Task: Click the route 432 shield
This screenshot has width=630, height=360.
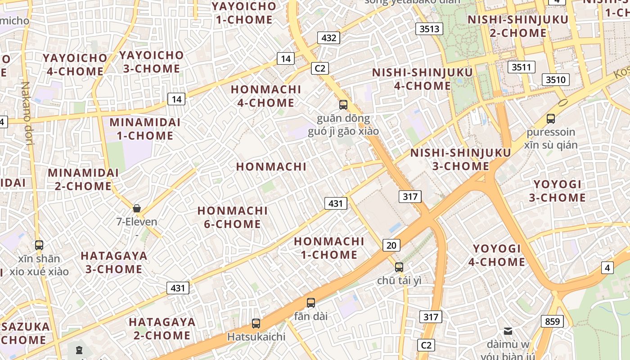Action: [328, 38]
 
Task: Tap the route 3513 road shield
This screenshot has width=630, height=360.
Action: [429, 29]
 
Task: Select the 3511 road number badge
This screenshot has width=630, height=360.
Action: [522, 67]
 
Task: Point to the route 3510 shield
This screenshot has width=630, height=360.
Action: [555, 80]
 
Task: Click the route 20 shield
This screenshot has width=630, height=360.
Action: [391, 245]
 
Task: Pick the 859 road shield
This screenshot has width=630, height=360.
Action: [552, 321]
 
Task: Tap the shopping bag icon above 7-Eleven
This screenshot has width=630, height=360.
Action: [137, 208]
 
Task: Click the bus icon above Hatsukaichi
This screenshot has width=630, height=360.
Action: [256, 323]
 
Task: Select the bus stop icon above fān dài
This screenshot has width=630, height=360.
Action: [310, 302]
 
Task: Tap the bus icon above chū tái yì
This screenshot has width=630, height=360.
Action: [399, 267]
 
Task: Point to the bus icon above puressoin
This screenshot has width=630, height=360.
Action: [550, 119]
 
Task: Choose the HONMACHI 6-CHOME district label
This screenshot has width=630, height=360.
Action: [232, 217]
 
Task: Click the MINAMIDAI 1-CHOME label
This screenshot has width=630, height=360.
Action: [144, 129]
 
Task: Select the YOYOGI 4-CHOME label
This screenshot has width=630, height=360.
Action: [497, 255]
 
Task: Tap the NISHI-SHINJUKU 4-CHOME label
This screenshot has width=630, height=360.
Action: [423, 79]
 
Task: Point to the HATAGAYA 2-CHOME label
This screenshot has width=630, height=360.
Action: [162, 328]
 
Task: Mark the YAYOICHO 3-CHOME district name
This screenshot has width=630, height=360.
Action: [151, 62]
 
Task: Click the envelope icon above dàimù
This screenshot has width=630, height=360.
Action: [508, 331]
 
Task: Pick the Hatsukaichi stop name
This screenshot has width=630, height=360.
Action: [256, 337]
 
